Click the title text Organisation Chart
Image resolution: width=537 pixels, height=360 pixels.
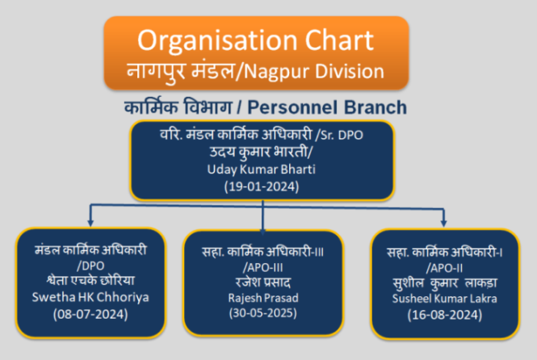click(255, 40)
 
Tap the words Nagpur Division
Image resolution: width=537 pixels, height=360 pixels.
click(314, 71)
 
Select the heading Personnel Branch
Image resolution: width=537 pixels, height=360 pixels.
click(327, 107)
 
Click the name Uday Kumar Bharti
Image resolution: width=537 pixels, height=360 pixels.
click(262, 170)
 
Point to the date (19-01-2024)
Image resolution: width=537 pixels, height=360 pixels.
click(262, 186)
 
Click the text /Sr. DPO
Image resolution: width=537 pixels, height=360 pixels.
click(339, 135)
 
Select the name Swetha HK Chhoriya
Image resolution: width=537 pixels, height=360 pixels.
click(90, 297)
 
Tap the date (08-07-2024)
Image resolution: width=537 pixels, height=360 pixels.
click(90, 314)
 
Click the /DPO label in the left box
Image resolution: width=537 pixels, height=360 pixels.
click(90, 266)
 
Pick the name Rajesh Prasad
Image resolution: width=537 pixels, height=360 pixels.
click(263, 298)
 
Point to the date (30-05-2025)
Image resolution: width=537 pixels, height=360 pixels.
click(263, 312)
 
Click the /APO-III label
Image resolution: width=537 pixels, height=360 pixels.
click(263, 268)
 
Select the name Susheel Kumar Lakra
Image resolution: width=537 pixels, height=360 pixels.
click(444, 299)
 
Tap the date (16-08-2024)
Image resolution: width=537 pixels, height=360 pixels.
click(445, 315)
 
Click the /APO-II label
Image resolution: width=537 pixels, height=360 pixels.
click(444, 268)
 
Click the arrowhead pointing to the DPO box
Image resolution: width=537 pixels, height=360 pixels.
click(90, 223)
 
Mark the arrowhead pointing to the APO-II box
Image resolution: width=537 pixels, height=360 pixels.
click(444, 223)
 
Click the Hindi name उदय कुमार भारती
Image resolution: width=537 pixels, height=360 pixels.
click(261, 153)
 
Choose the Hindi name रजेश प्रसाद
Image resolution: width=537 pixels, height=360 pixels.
click(263, 283)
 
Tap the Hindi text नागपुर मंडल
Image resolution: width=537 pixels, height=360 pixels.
click(181, 71)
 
